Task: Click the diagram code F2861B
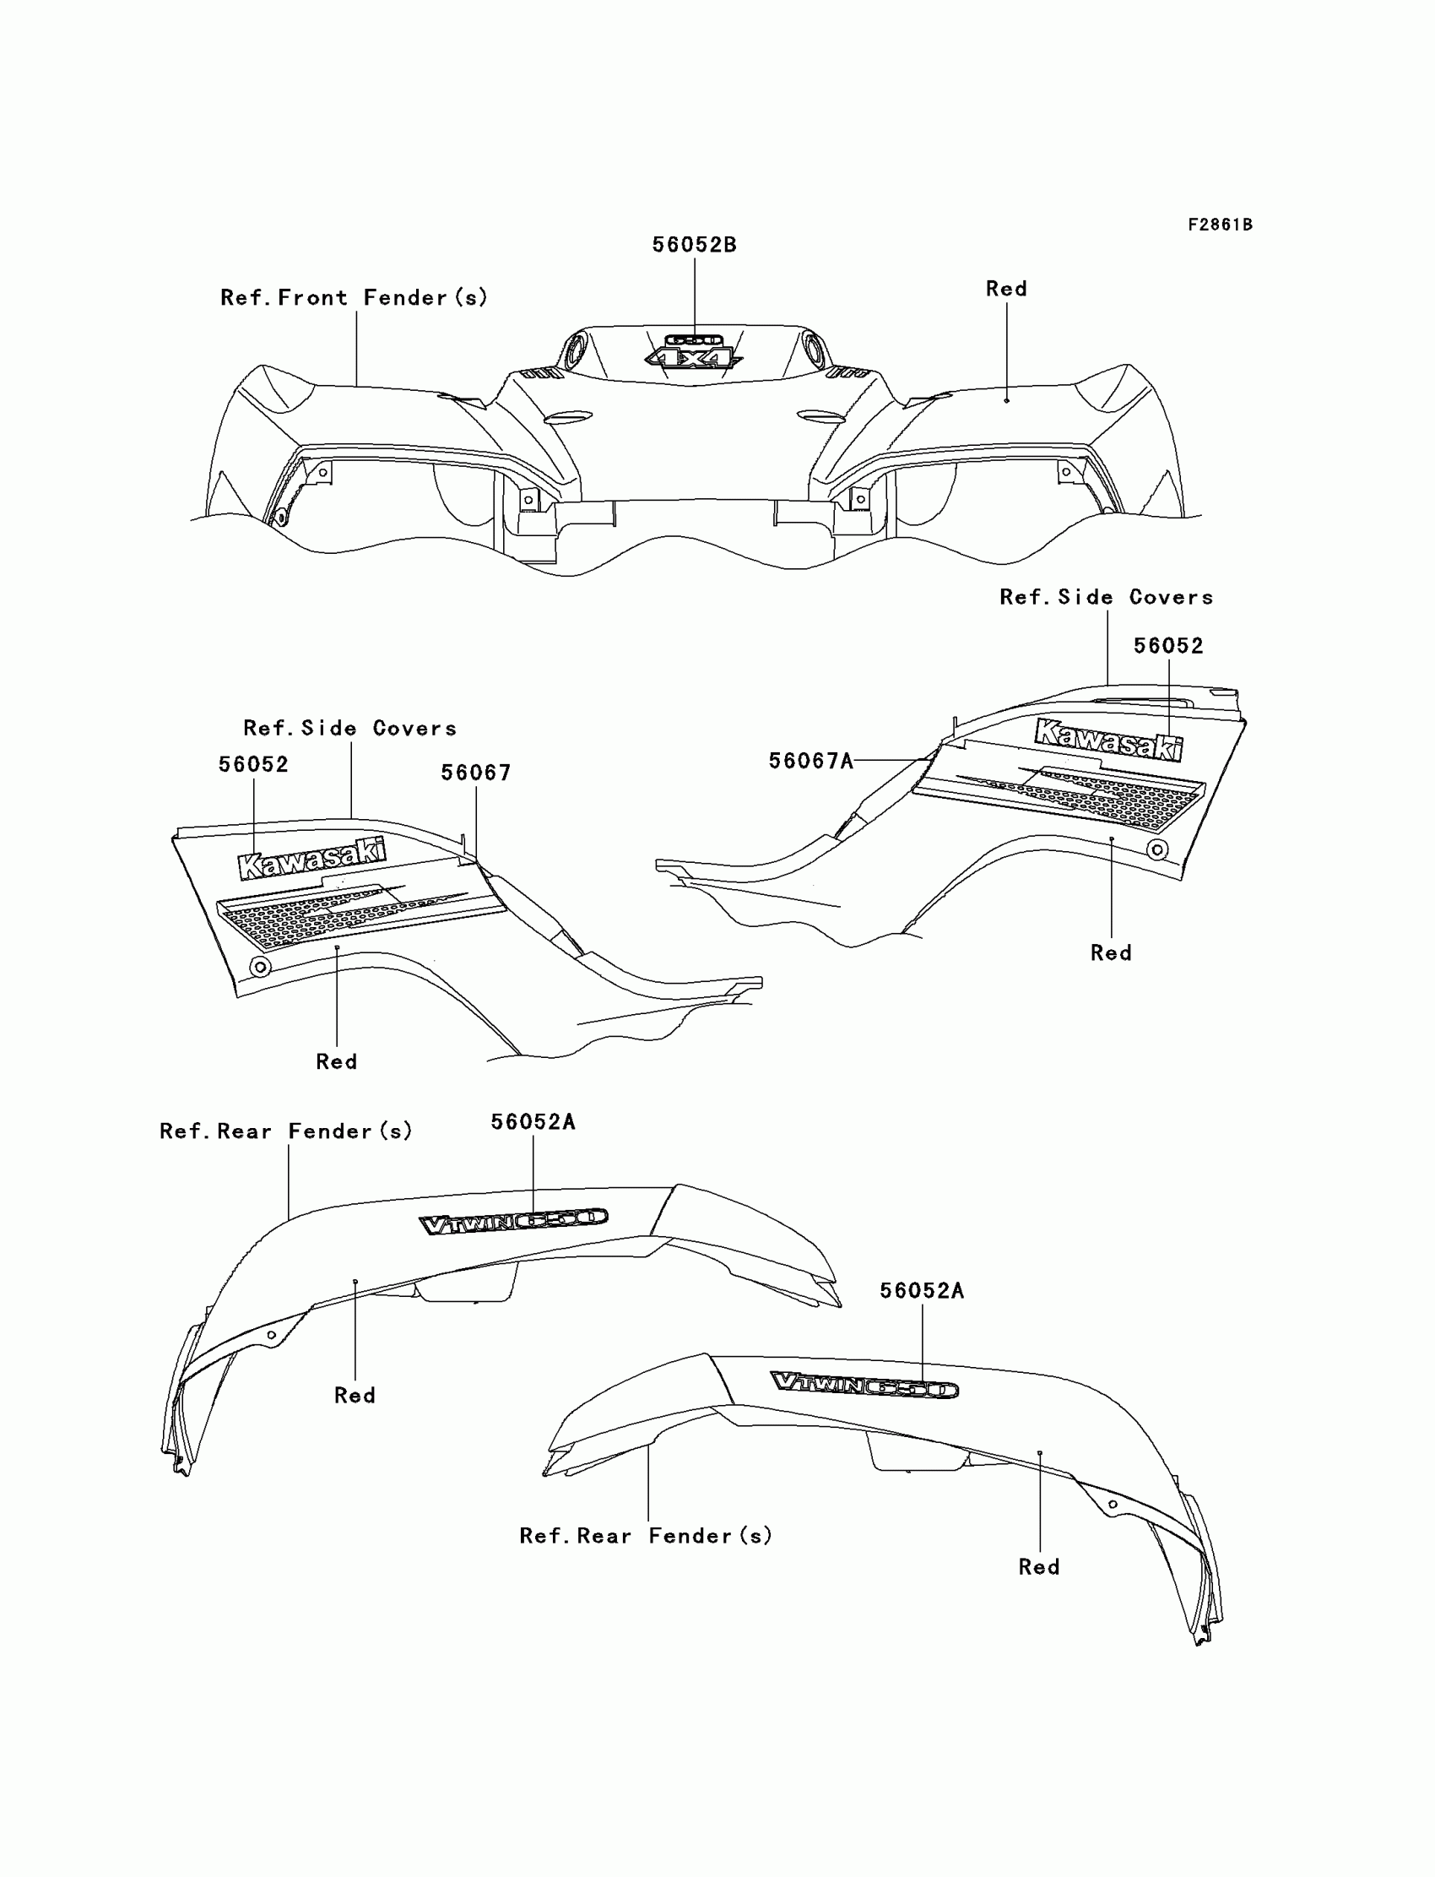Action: (1220, 225)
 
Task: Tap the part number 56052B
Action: (694, 245)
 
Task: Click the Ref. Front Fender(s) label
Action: (354, 297)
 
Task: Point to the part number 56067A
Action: (810, 761)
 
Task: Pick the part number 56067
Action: (476, 773)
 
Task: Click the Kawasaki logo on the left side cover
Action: (311, 858)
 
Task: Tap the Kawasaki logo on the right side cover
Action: (1108, 739)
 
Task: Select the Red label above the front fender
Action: (1006, 289)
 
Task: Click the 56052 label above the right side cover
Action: (1167, 646)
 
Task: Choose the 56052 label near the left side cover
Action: (254, 764)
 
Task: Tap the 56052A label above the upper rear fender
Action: (533, 1122)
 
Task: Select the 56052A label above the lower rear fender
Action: (922, 1290)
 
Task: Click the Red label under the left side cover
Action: (337, 1061)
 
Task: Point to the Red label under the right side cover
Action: (1110, 952)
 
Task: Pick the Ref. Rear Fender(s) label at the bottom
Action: (646, 1535)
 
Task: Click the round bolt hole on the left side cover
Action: (261, 966)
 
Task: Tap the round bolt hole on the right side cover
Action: (1157, 849)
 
